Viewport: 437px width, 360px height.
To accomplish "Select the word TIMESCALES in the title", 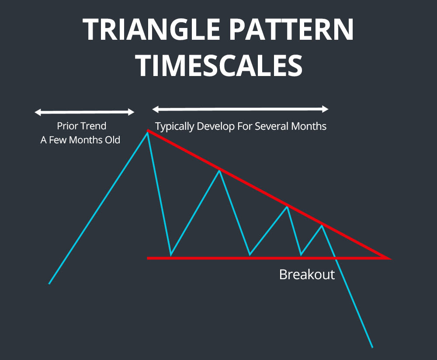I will (x=218, y=66).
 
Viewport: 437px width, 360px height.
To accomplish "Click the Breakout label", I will (x=307, y=275).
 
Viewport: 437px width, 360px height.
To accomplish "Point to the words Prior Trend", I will (x=81, y=126).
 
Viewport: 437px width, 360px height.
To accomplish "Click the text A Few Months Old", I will (x=80, y=141).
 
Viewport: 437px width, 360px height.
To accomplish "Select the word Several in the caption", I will (x=277, y=127).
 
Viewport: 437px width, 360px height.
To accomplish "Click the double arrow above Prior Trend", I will (x=84, y=112).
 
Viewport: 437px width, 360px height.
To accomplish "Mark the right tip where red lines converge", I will (x=389, y=258).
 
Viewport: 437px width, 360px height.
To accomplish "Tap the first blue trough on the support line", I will (x=170, y=255).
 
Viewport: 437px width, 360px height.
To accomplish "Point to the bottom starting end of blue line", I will (x=49, y=284).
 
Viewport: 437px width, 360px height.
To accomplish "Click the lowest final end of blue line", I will (x=372, y=348).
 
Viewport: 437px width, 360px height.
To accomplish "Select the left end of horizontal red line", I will (x=148, y=258).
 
